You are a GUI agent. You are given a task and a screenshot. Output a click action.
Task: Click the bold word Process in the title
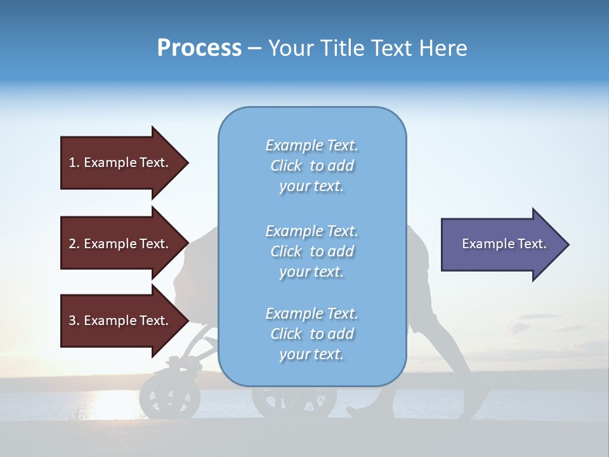199,48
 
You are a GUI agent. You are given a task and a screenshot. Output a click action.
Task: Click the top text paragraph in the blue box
311,166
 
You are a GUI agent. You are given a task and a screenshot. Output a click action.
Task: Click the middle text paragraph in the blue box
311,251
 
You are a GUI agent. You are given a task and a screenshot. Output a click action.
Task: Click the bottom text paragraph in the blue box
311,334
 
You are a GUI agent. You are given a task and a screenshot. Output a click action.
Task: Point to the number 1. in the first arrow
74,162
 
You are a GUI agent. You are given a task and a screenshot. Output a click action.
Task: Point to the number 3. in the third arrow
74,321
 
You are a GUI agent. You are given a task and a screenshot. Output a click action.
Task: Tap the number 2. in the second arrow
74,244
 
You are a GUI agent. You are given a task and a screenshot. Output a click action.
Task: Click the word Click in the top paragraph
286,166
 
